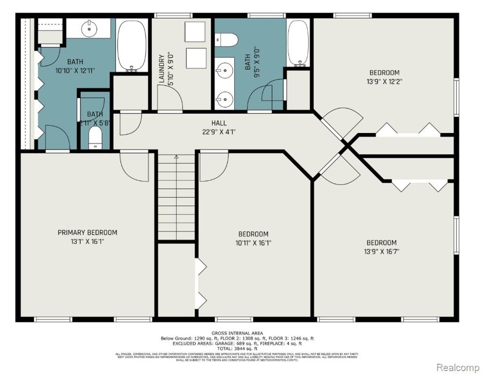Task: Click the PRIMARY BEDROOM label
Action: pos(87,232)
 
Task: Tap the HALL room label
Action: pos(219,123)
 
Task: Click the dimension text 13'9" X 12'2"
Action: pos(385,81)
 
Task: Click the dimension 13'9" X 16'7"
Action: pos(381,252)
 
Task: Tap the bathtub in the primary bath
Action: pos(131,45)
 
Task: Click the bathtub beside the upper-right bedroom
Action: pos(298,43)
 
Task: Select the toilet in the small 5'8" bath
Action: pos(95,139)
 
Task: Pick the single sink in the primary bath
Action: pos(90,29)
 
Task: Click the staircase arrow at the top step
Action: pos(176,157)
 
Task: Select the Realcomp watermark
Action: pos(457,367)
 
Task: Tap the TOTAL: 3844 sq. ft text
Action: pos(237,349)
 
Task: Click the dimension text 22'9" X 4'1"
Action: pos(219,131)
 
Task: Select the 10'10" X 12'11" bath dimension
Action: pos(74,70)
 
